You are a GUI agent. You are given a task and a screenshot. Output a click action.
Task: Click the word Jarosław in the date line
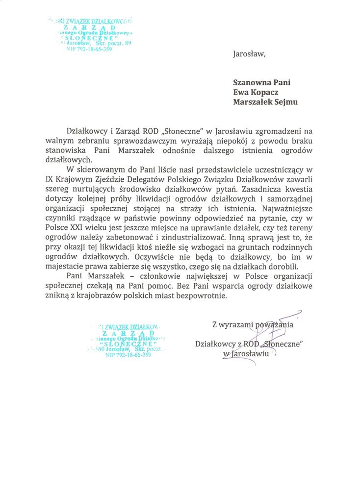[248, 54]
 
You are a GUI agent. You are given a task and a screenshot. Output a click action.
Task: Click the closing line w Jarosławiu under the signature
[246, 353]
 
